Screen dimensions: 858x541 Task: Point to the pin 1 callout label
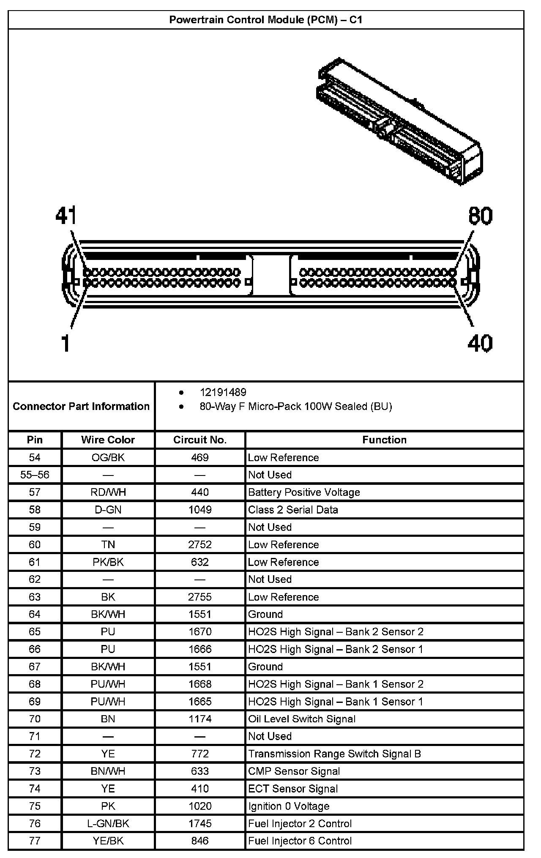(x=65, y=343)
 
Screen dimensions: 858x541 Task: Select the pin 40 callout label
(x=480, y=343)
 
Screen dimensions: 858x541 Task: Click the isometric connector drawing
(x=399, y=120)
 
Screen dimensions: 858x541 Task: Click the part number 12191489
(x=223, y=392)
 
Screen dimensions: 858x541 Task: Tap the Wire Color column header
(x=108, y=440)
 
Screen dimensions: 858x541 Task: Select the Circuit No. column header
(x=200, y=440)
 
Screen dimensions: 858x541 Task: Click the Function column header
(x=384, y=440)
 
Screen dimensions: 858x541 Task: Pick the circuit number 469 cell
(x=200, y=457)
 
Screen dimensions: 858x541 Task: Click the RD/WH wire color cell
(x=108, y=492)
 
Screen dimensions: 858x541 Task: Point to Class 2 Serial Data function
(x=293, y=510)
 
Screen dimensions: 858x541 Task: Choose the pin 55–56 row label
(x=35, y=475)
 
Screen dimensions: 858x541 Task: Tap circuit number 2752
(x=200, y=544)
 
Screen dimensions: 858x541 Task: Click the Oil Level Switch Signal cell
(x=302, y=719)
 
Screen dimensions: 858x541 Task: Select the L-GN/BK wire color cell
(x=108, y=823)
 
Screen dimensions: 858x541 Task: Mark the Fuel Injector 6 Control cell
(x=300, y=841)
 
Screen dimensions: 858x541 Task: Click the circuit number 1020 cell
(x=200, y=806)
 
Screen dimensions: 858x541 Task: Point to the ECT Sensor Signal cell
(x=293, y=789)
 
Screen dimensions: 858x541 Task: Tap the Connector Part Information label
(x=81, y=406)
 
